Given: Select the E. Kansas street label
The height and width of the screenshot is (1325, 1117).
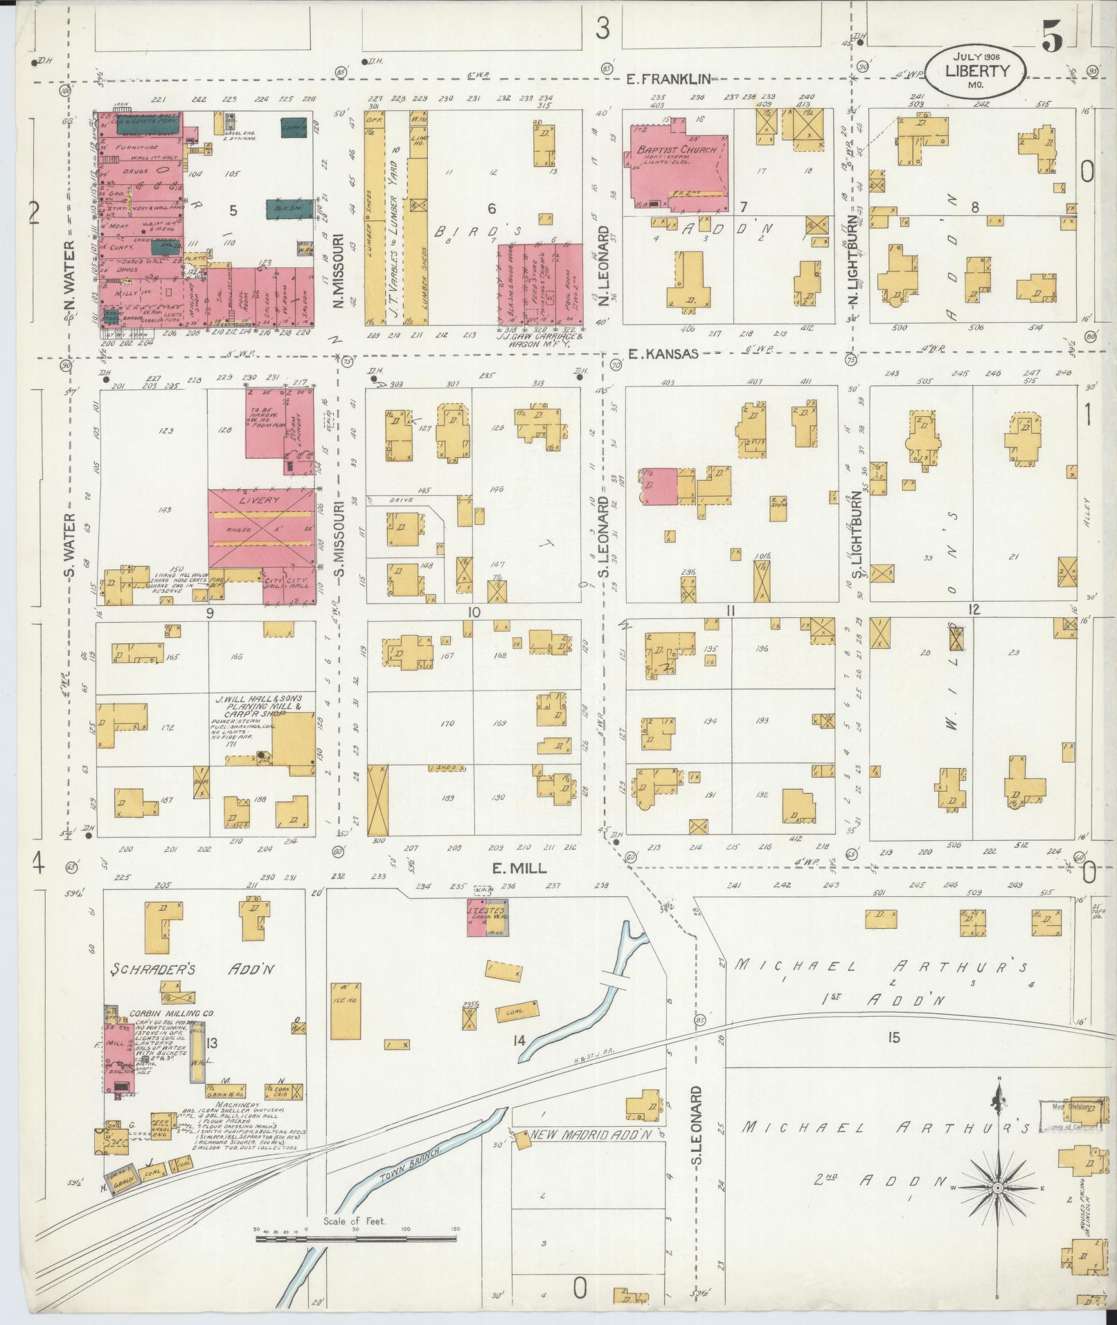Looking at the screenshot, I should [x=662, y=353].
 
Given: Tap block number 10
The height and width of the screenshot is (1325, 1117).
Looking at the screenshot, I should [x=474, y=612].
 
